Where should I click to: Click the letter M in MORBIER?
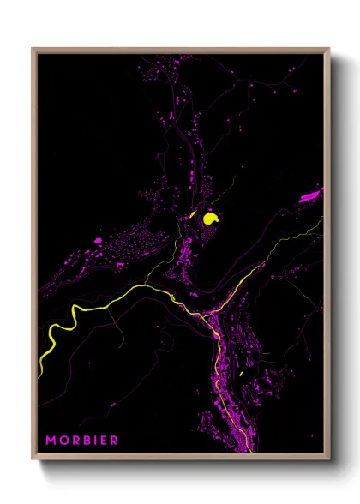click(51, 441)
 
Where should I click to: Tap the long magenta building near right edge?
click(309, 195)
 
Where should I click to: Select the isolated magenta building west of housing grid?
click(99, 241)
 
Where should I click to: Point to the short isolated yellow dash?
click(242, 374)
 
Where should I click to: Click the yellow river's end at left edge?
click(41, 368)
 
